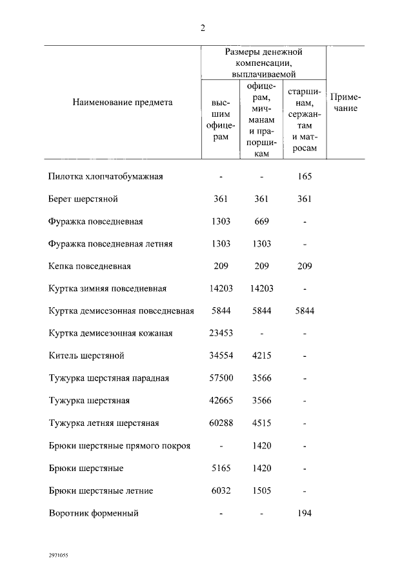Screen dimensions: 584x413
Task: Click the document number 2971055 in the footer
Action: [59, 554]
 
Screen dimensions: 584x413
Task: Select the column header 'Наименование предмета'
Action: [123, 102]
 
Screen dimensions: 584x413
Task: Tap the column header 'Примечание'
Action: [345, 103]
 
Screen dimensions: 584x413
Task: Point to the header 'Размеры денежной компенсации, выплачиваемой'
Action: [263, 63]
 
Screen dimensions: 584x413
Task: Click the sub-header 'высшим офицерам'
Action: [221, 119]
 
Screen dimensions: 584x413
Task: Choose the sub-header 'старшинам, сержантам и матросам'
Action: [304, 119]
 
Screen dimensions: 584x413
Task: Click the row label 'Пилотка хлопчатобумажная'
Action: [105, 176]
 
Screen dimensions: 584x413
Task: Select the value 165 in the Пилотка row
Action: [304, 176]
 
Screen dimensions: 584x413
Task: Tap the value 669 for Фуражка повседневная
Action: [261, 221]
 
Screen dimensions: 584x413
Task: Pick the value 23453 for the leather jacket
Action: [221, 333]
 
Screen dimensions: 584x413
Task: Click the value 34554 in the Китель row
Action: [221, 356]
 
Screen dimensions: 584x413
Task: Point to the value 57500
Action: [221, 378]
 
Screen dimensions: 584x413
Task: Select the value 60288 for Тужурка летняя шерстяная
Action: [221, 423]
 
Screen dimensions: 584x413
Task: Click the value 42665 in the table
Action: [221, 401]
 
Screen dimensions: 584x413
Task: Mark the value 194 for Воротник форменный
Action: [304, 514]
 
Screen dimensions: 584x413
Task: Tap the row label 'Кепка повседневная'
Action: [90, 266]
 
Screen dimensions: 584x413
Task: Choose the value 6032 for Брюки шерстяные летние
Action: [221, 490]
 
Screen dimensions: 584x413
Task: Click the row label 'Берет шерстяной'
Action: [83, 199]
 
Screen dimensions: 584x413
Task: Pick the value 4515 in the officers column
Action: [261, 423]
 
